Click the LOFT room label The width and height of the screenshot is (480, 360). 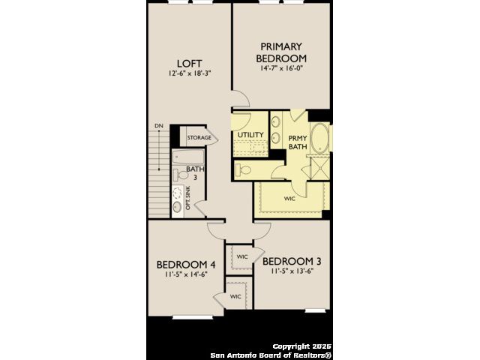point(190,64)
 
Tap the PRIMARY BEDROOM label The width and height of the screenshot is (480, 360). point(281,52)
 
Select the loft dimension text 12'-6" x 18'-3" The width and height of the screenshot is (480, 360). point(190,73)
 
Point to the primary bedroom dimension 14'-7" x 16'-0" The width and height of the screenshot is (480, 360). point(281,68)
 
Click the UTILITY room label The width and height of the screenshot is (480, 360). point(250,135)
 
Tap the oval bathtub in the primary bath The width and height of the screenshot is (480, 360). point(320,138)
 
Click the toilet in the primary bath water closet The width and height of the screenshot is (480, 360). point(243,169)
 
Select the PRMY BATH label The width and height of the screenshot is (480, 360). point(298,142)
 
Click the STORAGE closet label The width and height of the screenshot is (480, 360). point(199,138)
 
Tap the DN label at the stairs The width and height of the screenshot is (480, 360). point(159,126)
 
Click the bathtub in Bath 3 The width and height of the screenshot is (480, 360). point(188,157)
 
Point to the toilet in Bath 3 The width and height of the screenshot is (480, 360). point(181,175)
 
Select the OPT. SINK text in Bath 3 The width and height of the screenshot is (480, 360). point(187,198)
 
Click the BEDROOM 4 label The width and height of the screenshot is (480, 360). point(186,265)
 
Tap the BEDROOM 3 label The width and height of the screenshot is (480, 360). point(292,262)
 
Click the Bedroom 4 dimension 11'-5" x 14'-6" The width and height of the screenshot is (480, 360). point(186,274)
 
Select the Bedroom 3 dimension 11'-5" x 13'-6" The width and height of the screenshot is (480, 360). point(292,271)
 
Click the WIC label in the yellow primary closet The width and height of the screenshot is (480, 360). point(289,199)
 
